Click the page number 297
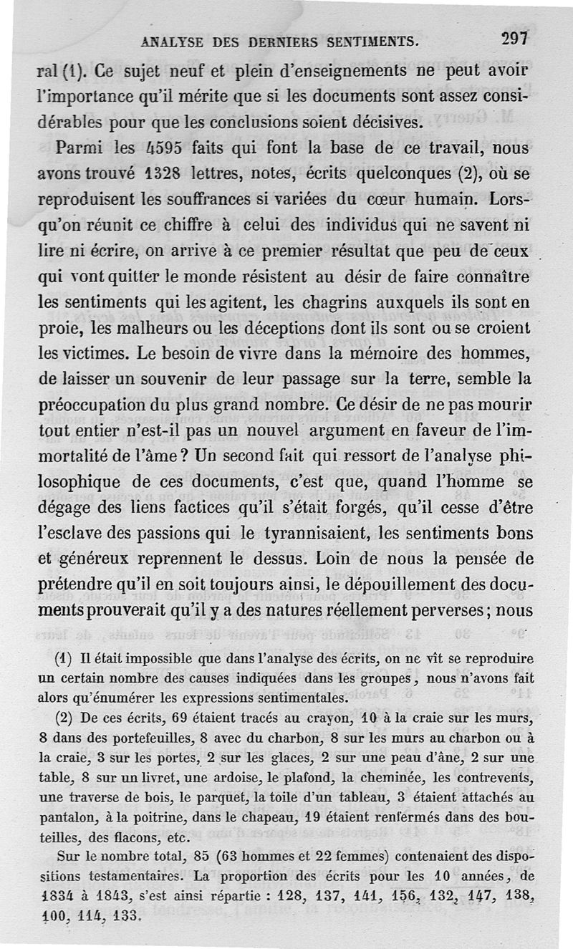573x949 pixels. (514, 39)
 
